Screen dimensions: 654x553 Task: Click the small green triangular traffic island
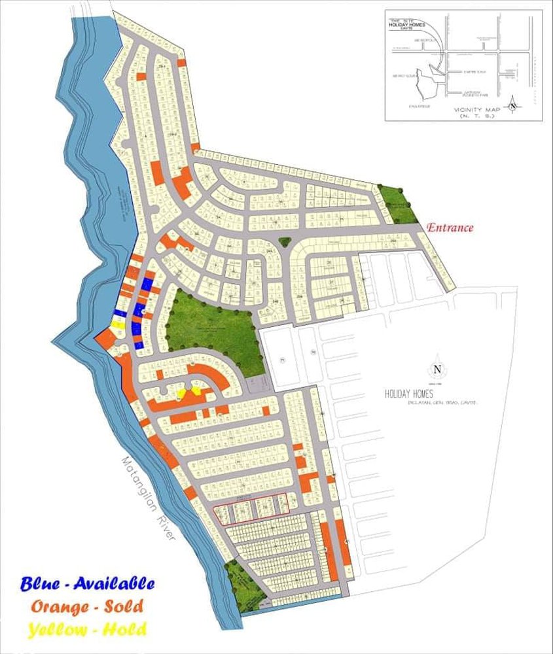285,243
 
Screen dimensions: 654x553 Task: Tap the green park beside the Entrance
399,205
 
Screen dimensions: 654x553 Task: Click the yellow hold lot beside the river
119,324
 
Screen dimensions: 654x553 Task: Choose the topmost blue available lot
148,284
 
